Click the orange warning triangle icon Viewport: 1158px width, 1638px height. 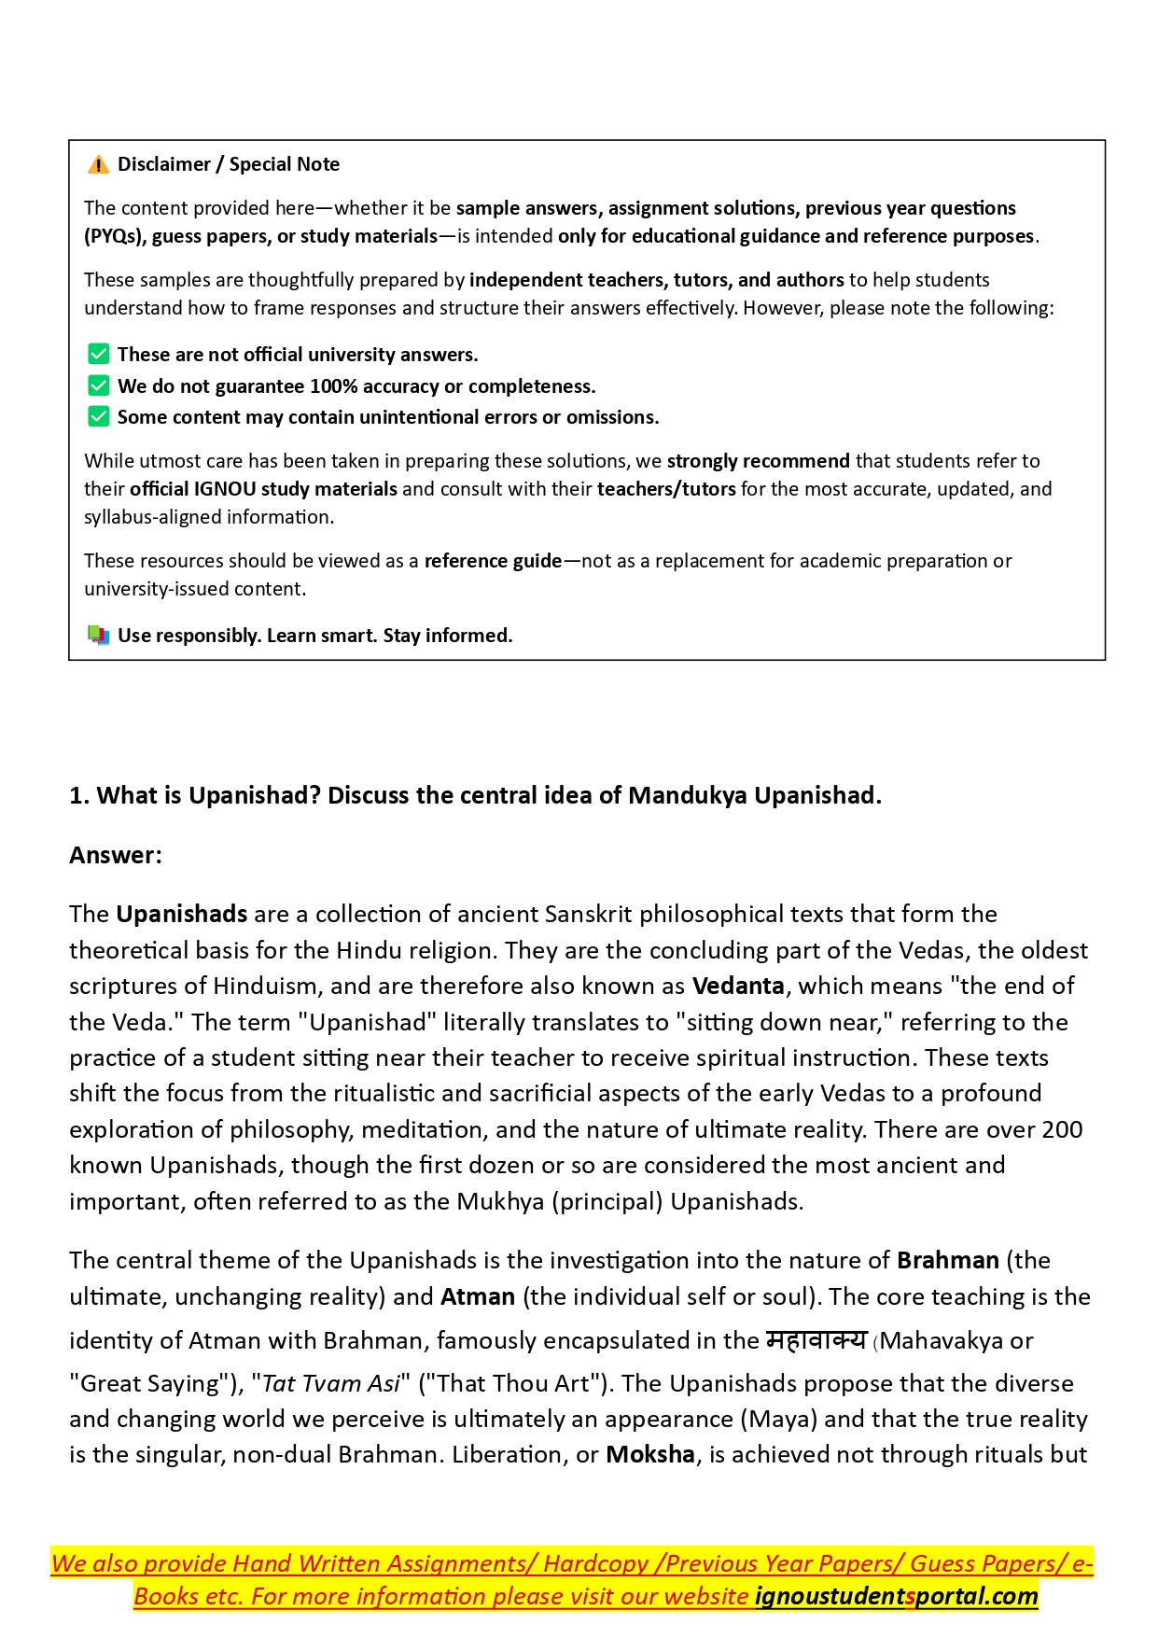tap(98, 165)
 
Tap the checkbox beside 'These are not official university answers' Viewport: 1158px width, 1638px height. tap(98, 355)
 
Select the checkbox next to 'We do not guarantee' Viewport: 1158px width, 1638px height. tap(98, 386)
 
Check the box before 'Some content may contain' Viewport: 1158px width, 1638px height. tap(98, 417)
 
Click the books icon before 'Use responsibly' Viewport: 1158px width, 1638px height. tap(98, 636)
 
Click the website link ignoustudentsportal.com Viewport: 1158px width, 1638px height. tap(896, 1597)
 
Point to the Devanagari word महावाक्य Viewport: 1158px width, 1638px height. tap(816, 1340)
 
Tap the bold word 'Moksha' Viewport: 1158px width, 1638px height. tap(650, 1455)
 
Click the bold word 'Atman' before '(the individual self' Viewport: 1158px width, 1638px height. tap(478, 1297)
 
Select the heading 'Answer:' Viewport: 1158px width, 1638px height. tap(116, 856)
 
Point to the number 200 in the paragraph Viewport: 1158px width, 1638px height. tap(1062, 1130)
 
